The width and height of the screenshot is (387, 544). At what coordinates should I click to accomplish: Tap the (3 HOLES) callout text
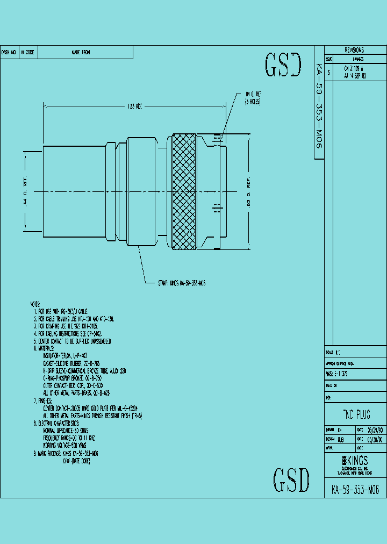tap(253, 101)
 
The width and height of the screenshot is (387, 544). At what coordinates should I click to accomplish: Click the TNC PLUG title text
tap(356, 415)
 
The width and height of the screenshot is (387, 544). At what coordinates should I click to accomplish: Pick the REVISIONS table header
tap(354, 49)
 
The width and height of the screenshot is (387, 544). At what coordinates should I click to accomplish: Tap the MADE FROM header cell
tap(81, 53)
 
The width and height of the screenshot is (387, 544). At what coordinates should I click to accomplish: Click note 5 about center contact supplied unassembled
tap(73, 341)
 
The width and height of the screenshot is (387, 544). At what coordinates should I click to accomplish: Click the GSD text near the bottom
tap(291, 479)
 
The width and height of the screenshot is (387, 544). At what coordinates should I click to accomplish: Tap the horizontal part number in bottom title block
tap(355, 490)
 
